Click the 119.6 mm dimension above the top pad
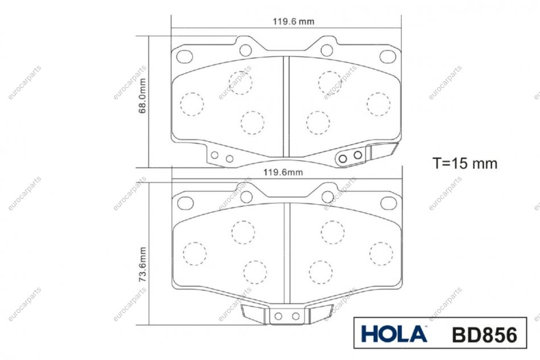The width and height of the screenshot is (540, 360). (293, 22)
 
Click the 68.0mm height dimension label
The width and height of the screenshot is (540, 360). (142, 96)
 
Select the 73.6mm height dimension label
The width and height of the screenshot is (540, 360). (142, 264)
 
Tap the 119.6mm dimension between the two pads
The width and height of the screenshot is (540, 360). (283, 172)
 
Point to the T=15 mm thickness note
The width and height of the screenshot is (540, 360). (465, 163)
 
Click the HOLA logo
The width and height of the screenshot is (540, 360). (394, 333)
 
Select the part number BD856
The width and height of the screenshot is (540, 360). (484, 334)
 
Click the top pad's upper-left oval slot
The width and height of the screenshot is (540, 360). (185, 56)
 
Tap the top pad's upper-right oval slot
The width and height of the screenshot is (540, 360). (388, 56)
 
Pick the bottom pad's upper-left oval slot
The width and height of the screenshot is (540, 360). (185, 203)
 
